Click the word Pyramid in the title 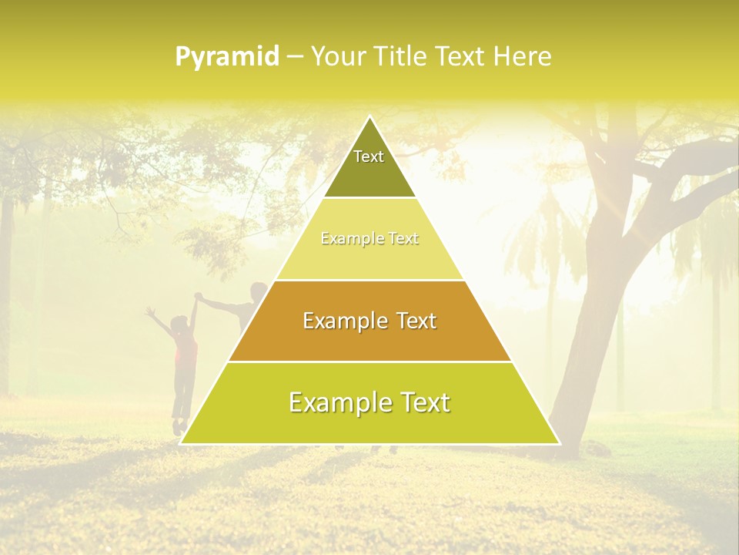[226, 57]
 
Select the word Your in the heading [336, 57]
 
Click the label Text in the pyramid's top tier [369, 156]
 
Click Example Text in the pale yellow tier [369, 239]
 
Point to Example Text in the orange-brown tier [369, 321]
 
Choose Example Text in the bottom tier [369, 402]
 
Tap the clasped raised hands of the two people [199, 298]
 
